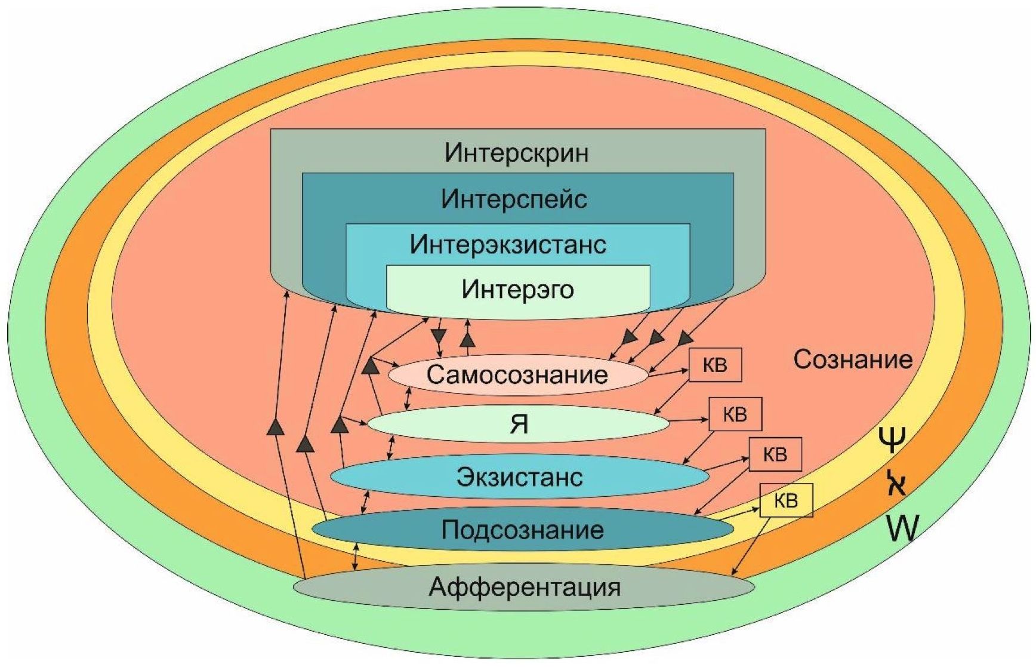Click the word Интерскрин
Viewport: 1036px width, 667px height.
(517, 153)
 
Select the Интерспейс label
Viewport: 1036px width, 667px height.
(514, 199)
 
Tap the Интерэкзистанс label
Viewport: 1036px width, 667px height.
(508, 245)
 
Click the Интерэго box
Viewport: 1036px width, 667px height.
(517, 290)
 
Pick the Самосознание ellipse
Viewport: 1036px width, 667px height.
(517, 375)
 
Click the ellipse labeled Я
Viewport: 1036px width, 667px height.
(517, 424)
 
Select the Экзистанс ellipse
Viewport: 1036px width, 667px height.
(519, 477)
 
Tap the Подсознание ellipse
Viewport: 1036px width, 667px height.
(522, 530)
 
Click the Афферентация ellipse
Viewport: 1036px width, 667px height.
(524, 587)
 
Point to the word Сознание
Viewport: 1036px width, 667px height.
(853, 359)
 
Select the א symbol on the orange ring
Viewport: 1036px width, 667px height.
(895, 482)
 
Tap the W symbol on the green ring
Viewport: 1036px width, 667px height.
(901, 528)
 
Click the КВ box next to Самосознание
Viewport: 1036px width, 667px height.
(715, 365)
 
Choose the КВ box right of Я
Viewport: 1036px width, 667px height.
(735, 414)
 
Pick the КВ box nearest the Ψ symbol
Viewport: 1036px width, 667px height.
(775, 454)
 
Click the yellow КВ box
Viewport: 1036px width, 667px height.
(786, 500)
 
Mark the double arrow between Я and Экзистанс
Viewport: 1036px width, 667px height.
(391, 448)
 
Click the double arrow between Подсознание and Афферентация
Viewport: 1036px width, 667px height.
(356, 557)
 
